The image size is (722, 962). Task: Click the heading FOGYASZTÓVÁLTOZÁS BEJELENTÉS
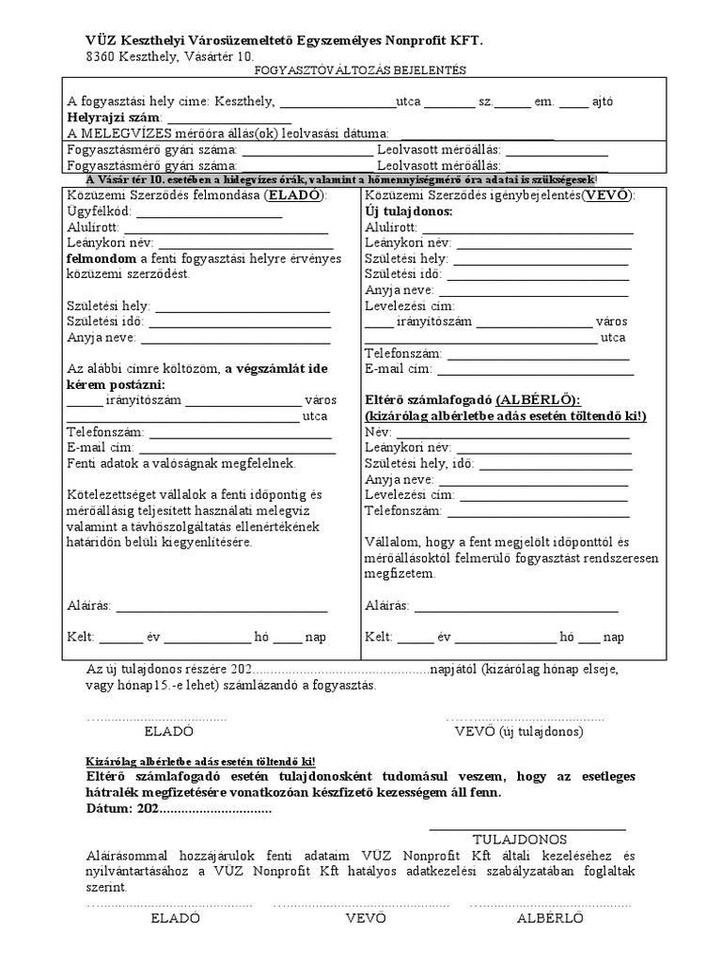pos(360,70)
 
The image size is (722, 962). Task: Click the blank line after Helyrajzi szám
pos(229,118)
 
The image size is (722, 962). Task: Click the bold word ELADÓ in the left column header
pos(294,195)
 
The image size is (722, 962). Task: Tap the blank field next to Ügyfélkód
pos(211,211)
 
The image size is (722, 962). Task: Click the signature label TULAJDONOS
pos(519,839)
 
